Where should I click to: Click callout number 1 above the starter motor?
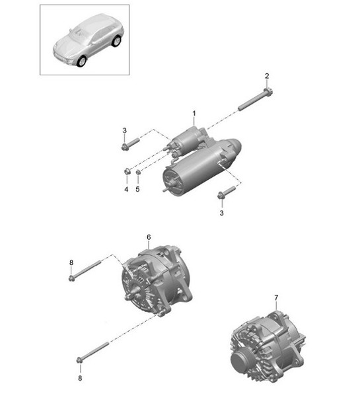pyautogui.click(x=194, y=114)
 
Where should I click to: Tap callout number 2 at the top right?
pyautogui.click(x=267, y=76)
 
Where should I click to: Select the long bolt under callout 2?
pyautogui.click(x=256, y=100)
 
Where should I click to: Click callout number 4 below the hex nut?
pyautogui.click(x=126, y=189)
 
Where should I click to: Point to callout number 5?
pyautogui.click(x=137, y=189)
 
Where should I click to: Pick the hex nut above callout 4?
pyautogui.click(x=127, y=171)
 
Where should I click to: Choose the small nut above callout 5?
pyautogui.click(x=138, y=172)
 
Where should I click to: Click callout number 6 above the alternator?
pyautogui.click(x=149, y=237)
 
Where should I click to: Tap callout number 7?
pyautogui.click(x=276, y=298)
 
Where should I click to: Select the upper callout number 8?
pyautogui.click(x=71, y=262)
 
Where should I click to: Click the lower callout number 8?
pyautogui.click(x=80, y=378)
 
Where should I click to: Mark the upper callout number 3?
pyautogui.click(x=124, y=130)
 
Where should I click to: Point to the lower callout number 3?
pyautogui.click(x=221, y=213)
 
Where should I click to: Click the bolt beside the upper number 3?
pyautogui.click(x=130, y=144)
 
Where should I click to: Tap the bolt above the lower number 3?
pyautogui.click(x=227, y=192)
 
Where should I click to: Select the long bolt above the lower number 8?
pyautogui.click(x=92, y=352)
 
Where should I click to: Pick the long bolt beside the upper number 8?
pyautogui.click(x=85, y=271)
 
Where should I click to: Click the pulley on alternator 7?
pyautogui.click(x=242, y=361)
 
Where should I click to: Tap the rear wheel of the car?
pyautogui.click(x=116, y=41)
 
